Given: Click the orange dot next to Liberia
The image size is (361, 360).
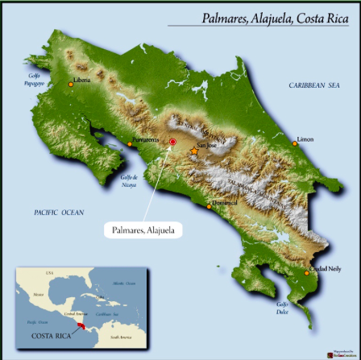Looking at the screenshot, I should tap(71, 84).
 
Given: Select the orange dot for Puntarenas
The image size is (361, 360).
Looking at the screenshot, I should tap(130, 145).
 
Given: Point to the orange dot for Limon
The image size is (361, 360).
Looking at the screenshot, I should tap(295, 143).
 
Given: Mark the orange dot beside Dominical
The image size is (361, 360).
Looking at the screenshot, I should tap(210, 206).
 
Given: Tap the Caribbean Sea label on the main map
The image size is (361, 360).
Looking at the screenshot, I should tap(314, 85).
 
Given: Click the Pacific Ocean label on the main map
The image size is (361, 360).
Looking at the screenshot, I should tap(59, 212).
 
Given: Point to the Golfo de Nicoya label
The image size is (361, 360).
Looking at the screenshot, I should tap(129, 180).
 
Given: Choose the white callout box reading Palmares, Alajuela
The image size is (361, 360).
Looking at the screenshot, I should tap(143, 230).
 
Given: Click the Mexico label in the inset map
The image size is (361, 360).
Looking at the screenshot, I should tap(38, 295).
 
